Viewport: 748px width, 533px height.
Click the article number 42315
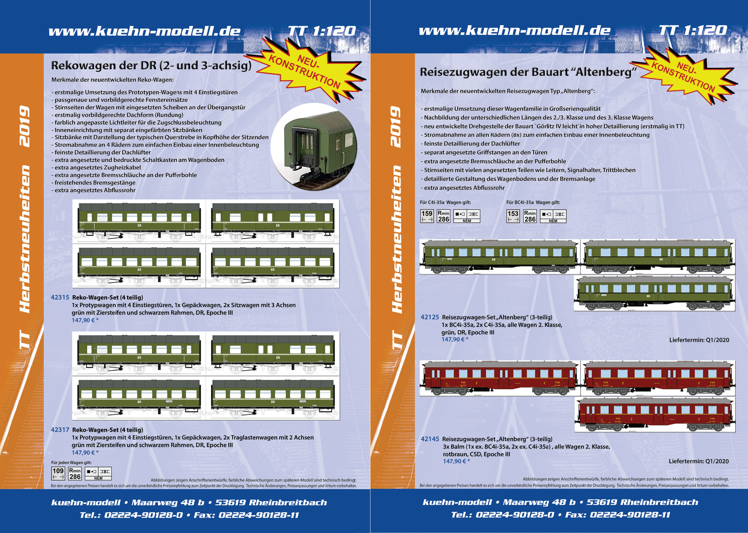click(60, 297)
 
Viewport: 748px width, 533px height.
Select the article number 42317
click(60, 430)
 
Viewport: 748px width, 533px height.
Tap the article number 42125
click(429, 317)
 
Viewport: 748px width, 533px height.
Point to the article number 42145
click(429, 439)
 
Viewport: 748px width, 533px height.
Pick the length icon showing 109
click(58, 474)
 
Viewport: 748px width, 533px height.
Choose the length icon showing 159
click(427, 216)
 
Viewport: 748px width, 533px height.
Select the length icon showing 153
click(513, 216)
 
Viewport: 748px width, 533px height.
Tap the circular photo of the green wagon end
click(315, 146)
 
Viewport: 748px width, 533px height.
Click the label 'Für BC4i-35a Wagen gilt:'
click(533, 202)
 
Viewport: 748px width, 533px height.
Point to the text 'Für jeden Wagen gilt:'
click(71, 462)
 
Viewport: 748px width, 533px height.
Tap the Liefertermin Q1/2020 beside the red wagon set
click(698, 461)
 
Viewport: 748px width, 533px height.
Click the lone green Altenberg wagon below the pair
click(654, 293)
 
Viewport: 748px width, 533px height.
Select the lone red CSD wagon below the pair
click(654, 414)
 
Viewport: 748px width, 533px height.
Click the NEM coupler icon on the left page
click(98, 474)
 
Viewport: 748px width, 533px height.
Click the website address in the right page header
click(514, 30)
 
